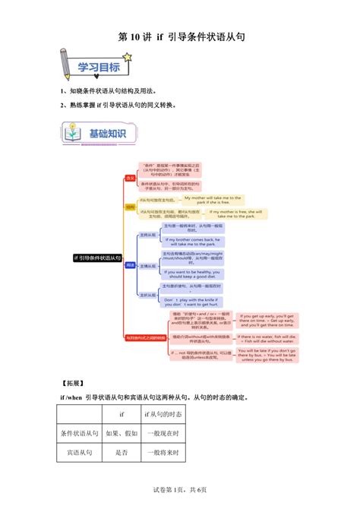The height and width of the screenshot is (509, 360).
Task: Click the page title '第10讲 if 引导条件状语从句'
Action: tap(181, 36)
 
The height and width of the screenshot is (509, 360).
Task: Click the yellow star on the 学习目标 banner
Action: tap(127, 58)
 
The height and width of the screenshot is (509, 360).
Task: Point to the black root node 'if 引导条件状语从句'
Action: tap(96, 258)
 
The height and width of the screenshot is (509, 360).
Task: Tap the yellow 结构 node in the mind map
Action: tap(130, 206)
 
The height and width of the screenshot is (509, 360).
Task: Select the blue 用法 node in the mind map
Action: tap(130, 265)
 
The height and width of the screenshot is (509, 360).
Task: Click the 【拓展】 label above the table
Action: tap(74, 383)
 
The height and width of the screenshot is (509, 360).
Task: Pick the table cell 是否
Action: tap(122, 452)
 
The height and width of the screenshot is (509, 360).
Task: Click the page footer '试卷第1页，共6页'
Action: tap(180, 495)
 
